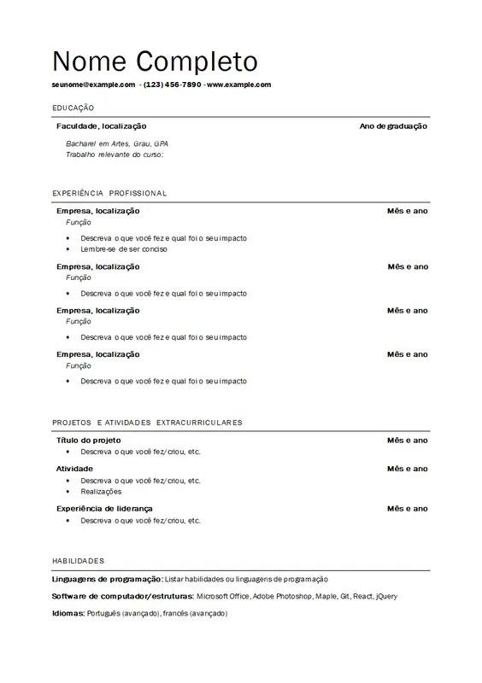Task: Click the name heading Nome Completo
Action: (x=155, y=61)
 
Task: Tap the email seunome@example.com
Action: (x=93, y=85)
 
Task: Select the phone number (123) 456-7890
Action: (x=172, y=85)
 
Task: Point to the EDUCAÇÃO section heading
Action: (x=73, y=108)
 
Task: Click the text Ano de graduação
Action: (x=393, y=126)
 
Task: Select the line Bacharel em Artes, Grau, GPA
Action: (x=117, y=143)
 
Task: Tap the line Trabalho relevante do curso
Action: (x=114, y=155)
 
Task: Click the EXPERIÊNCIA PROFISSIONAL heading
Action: (x=109, y=194)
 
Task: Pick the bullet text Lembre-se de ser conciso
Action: (x=124, y=249)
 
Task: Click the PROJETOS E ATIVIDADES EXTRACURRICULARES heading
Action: (x=147, y=423)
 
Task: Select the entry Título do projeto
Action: (x=82, y=441)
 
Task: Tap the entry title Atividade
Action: (x=74, y=469)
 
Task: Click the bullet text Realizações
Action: (x=101, y=492)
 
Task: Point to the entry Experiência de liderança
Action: (x=103, y=509)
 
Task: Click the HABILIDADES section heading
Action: (x=78, y=561)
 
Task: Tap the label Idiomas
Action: (x=68, y=613)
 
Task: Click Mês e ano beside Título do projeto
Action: (x=407, y=441)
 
